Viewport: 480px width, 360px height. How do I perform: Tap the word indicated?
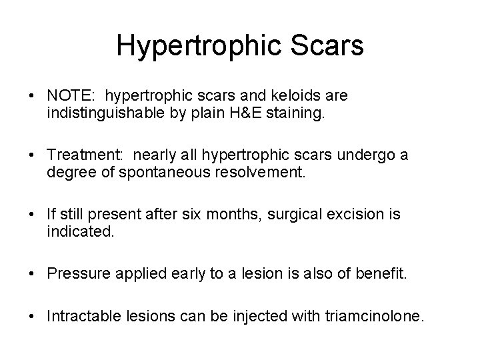tap(75, 233)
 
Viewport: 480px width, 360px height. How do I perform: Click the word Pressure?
tap(75, 274)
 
